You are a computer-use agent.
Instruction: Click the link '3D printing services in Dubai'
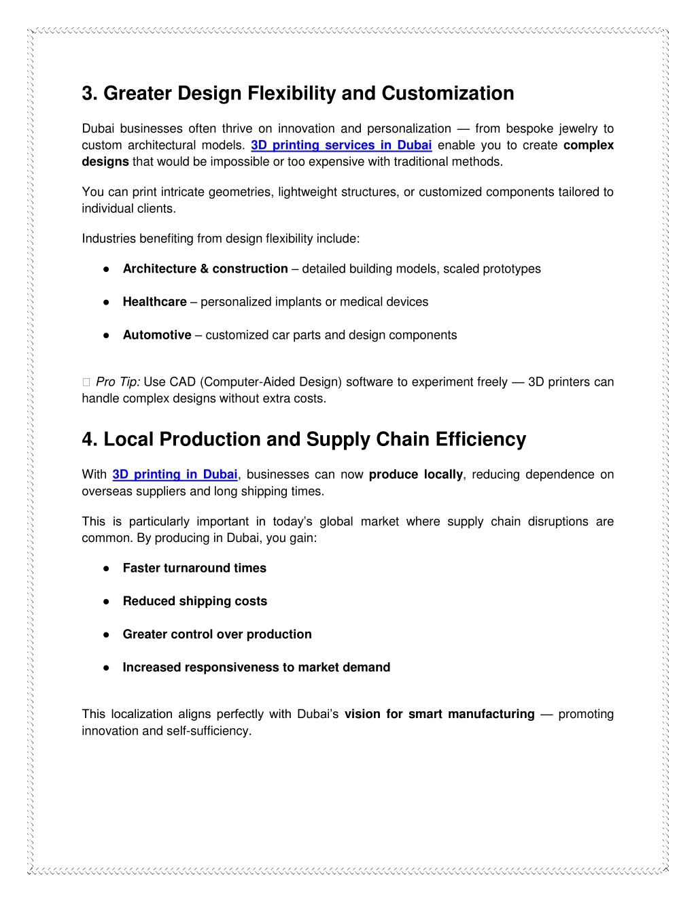click(x=341, y=146)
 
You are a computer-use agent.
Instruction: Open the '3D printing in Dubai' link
click(x=175, y=475)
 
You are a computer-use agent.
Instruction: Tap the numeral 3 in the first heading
click(x=88, y=94)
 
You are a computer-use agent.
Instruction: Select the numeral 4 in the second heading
click(x=88, y=440)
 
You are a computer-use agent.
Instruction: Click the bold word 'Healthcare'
click(x=154, y=302)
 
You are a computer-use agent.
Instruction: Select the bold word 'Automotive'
click(x=157, y=335)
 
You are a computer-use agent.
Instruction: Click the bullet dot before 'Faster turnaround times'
click(x=107, y=568)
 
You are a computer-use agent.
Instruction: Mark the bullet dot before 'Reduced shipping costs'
click(x=107, y=602)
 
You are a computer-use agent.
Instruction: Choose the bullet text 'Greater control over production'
click(x=217, y=634)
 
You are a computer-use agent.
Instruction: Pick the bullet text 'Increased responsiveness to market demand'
click(x=256, y=668)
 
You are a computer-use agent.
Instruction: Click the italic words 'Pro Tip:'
click(x=118, y=382)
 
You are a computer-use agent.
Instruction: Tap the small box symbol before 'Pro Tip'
click(x=86, y=383)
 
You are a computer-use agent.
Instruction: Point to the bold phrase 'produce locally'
click(x=415, y=475)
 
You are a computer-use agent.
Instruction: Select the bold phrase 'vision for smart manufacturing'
click(x=439, y=714)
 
